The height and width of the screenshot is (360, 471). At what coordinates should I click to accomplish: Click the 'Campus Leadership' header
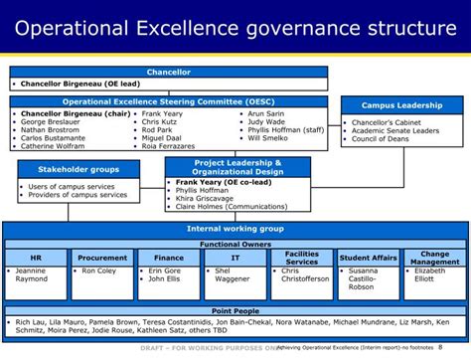[x=400, y=103]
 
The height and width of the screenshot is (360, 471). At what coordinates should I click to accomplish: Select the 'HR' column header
[x=35, y=258]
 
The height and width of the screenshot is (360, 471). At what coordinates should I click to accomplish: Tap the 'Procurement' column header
[x=102, y=258]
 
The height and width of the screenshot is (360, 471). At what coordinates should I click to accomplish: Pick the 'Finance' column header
[x=169, y=258]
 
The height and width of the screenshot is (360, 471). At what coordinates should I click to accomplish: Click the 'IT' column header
[x=235, y=258]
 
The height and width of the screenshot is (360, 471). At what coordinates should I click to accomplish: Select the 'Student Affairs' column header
[x=369, y=258]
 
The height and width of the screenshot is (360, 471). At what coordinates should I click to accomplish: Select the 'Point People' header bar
[x=235, y=312]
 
